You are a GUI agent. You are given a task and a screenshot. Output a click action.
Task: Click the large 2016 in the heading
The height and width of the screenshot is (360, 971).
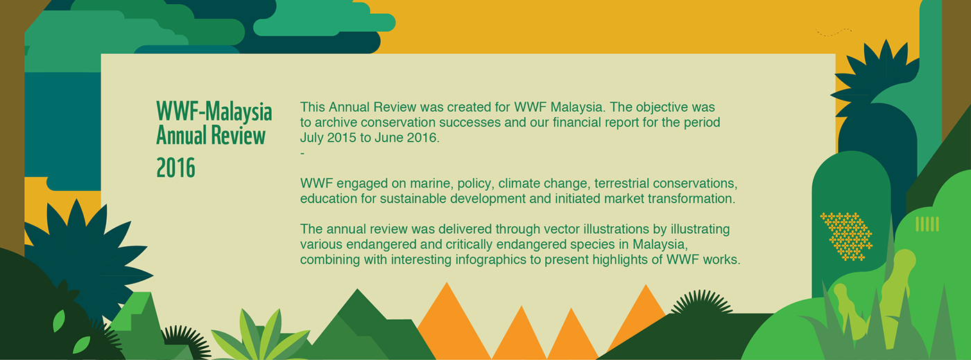pyautogui.click(x=175, y=168)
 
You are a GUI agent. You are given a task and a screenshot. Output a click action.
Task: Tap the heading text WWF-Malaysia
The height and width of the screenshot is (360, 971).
pyautogui.click(x=214, y=112)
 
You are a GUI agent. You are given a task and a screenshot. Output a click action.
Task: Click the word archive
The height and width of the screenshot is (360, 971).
pyautogui.click(x=336, y=122)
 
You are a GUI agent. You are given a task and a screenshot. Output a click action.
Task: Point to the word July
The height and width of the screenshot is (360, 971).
pyautogui.click(x=311, y=138)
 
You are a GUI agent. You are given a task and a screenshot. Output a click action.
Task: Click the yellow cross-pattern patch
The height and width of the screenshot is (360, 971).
pyautogui.click(x=846, y=237)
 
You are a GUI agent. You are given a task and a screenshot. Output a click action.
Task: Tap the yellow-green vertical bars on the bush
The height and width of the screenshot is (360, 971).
pyautogui.click(x=927, y=224)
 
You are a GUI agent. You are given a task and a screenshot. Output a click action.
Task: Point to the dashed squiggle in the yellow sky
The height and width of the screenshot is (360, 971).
pyautogui.click(x=833, y=32)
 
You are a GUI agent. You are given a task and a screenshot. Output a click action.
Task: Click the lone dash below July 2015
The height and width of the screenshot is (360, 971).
pyautogui.click(x=302, y=153)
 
